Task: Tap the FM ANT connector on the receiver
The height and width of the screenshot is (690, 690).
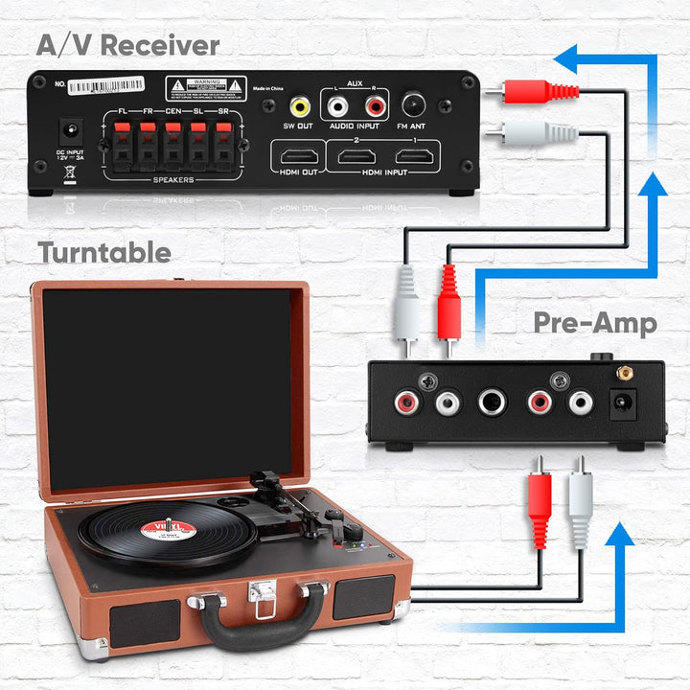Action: pos(415,103)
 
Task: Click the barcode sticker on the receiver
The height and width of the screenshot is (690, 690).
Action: pos(106,85)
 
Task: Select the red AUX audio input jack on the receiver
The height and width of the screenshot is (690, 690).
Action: pos(375,104)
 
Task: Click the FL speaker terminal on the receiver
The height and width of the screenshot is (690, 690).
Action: pos(122,149)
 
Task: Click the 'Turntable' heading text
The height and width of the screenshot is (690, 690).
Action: pos(104,253)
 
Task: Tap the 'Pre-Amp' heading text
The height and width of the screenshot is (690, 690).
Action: pos(595,323)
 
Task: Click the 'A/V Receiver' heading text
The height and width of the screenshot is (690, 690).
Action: pos(128,45)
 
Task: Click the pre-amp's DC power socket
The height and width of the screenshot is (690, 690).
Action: pos(623,403)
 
